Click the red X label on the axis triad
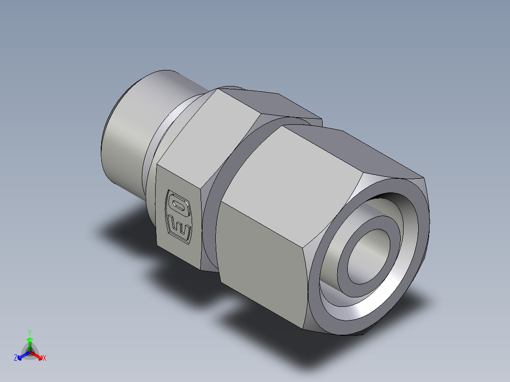(44, 358)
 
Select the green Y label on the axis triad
(30, 332)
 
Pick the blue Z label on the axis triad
(16, 358)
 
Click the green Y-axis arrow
(30, 343)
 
